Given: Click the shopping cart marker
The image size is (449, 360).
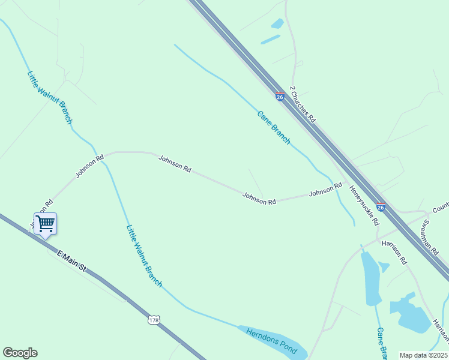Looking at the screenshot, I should pos(45,224).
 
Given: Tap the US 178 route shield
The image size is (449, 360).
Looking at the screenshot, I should pos(155,319).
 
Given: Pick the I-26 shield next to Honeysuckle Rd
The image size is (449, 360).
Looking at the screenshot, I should pos(381,207).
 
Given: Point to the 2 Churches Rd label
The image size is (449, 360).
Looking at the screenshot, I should pos(303,104).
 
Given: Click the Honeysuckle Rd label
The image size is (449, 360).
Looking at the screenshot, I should pos(365,205).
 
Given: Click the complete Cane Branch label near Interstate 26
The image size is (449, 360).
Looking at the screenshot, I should pos(274,127).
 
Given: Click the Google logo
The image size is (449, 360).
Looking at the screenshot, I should pos(20,353).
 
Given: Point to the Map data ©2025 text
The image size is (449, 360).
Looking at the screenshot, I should pos(423,355).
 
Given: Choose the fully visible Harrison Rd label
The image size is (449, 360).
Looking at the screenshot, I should pos(394,253).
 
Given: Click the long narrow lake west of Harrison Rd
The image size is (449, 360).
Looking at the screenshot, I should pos(370,278).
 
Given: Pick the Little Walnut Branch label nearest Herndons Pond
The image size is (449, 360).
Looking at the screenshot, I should pos(144,255).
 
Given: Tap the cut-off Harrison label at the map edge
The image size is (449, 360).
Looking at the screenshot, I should pos(440,331).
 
